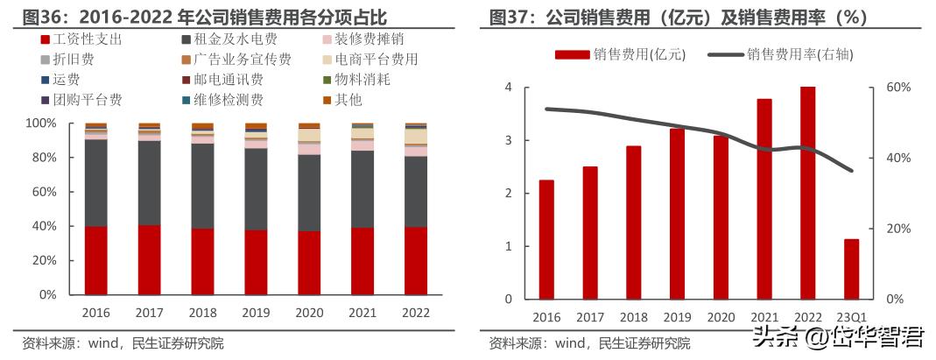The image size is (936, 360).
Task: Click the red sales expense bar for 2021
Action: (764, 199)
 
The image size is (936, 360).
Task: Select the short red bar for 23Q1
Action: (851, 269)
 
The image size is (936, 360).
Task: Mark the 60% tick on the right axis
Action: (899, 88)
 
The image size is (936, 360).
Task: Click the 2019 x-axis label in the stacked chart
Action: (256, 311)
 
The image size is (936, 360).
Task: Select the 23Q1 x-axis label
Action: (851, 317)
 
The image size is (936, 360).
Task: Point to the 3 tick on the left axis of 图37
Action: (509, 140)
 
